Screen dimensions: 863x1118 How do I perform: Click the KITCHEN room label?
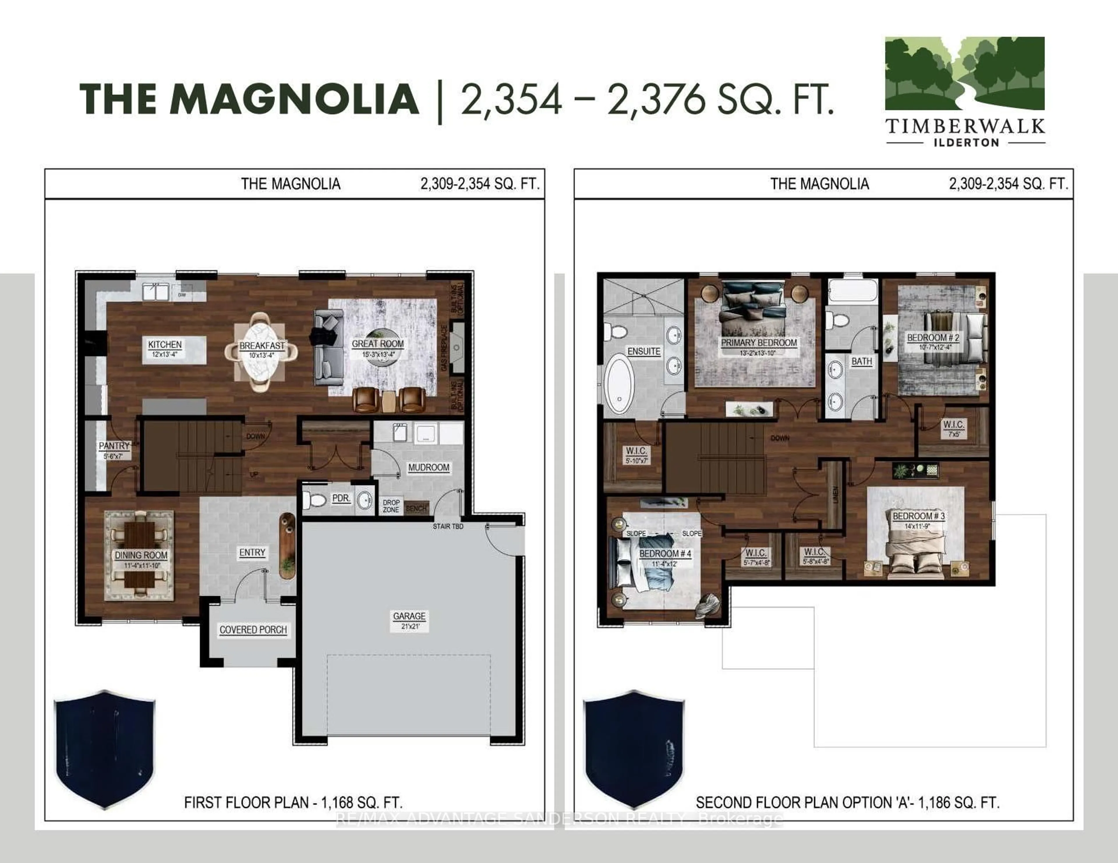coord(165,345)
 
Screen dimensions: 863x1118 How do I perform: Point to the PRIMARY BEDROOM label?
coord(759,343)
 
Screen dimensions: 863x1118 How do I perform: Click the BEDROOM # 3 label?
coord(918,516)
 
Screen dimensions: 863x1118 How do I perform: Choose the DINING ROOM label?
coord(141,555)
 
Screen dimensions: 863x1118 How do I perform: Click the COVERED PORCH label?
coord(253,630)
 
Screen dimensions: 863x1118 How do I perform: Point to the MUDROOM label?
coord(429,467)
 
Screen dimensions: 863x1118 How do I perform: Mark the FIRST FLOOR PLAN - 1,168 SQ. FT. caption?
coord(293,802)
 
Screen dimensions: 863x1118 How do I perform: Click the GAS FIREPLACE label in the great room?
coord(444,348)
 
